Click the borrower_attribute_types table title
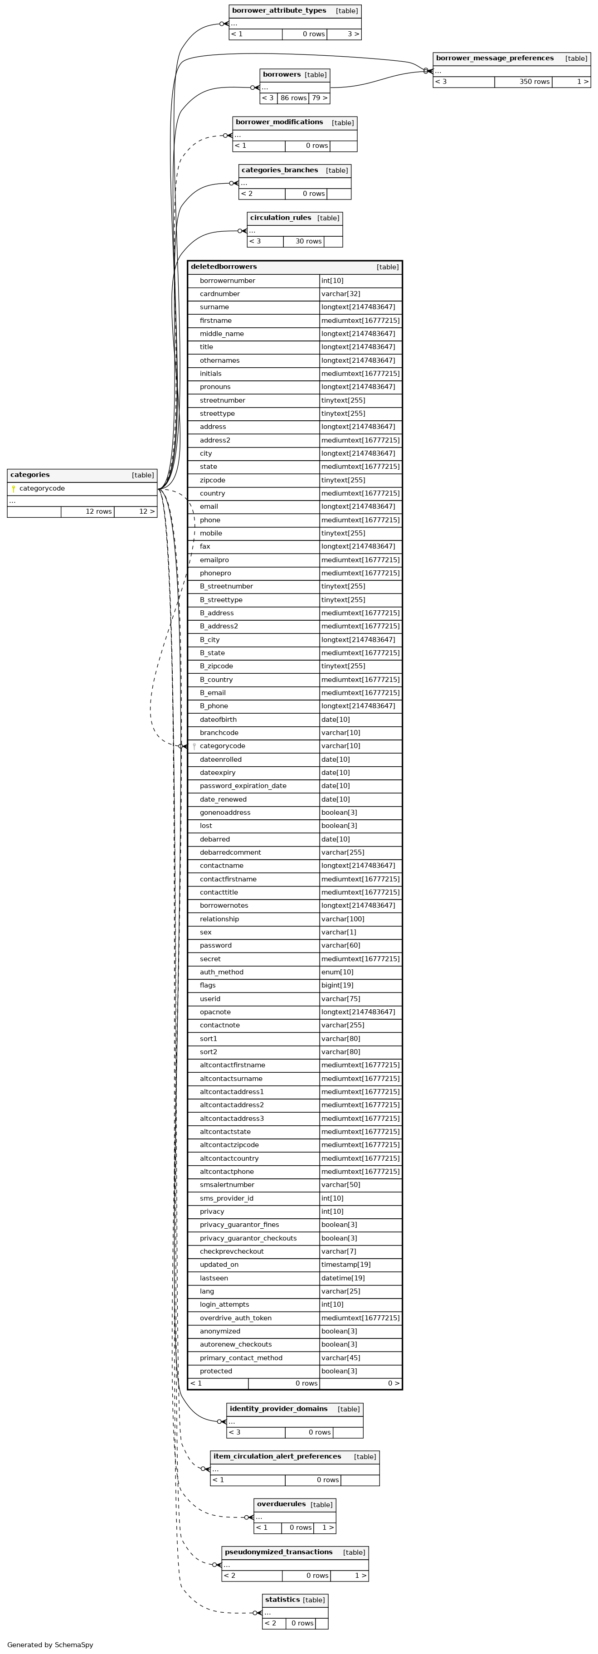coord(279,11)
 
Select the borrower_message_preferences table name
coord(495,58)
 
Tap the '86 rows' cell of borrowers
coord(293,98)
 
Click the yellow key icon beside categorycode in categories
coord(14,489)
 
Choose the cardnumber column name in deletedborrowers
coord(220,294)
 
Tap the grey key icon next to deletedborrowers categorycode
coord(194,746)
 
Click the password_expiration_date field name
coord(243,786)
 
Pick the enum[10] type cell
coord(337,972)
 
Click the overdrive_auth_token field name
coord(236,1318)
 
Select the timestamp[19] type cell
coord(345,1265)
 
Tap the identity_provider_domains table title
coord(278,1409)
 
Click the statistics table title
coord(282,1600)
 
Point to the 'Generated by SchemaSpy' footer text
coord(50,1645)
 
